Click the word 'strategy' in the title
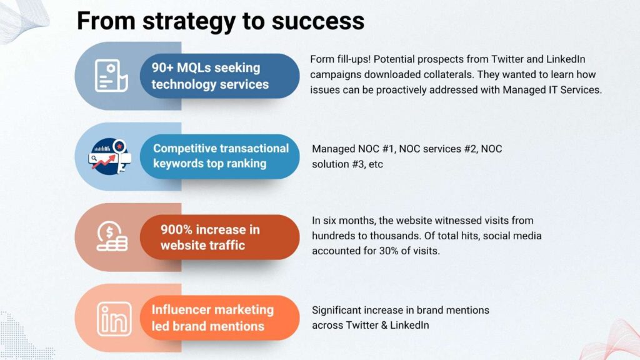tap(189, 22)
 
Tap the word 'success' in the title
tap(318, 21)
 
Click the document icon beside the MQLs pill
tap(111, 76)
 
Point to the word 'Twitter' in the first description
tap(507, 59)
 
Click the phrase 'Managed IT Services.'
tap(552, 90)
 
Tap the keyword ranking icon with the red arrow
tap(110, 157)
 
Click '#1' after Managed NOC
tap(389, 149)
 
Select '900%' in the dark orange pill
tap(176, 229)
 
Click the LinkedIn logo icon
tap(114, 319)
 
